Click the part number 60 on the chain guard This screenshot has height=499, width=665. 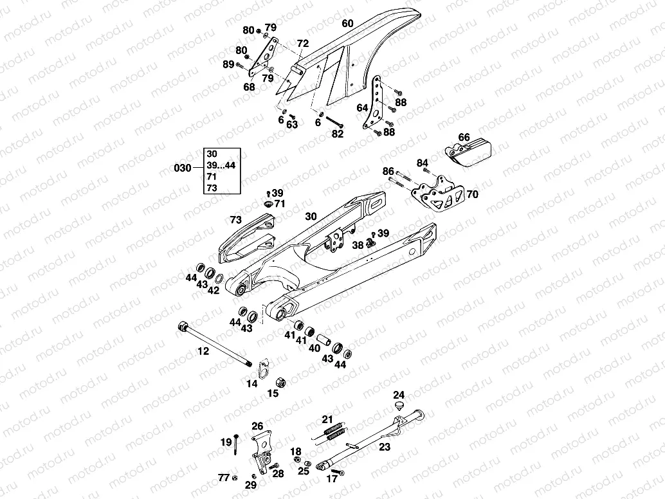coord(347,24)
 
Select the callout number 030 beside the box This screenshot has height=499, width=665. coord(183,168)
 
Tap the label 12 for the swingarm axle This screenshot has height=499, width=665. coord(203,351)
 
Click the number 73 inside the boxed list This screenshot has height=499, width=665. coord(211,188)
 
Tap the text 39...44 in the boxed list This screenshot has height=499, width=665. coord(221,165)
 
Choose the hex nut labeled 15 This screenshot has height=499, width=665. coord(280,381)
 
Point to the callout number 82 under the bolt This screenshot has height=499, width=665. coord(338,134)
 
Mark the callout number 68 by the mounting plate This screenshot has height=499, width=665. coord(249,86)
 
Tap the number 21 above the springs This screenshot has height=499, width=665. coord(327,419)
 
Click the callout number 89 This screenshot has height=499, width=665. coord(228,64)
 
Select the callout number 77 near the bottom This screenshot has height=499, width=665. coord(223,477)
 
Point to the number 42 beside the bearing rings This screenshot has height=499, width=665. coord(214,291)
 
